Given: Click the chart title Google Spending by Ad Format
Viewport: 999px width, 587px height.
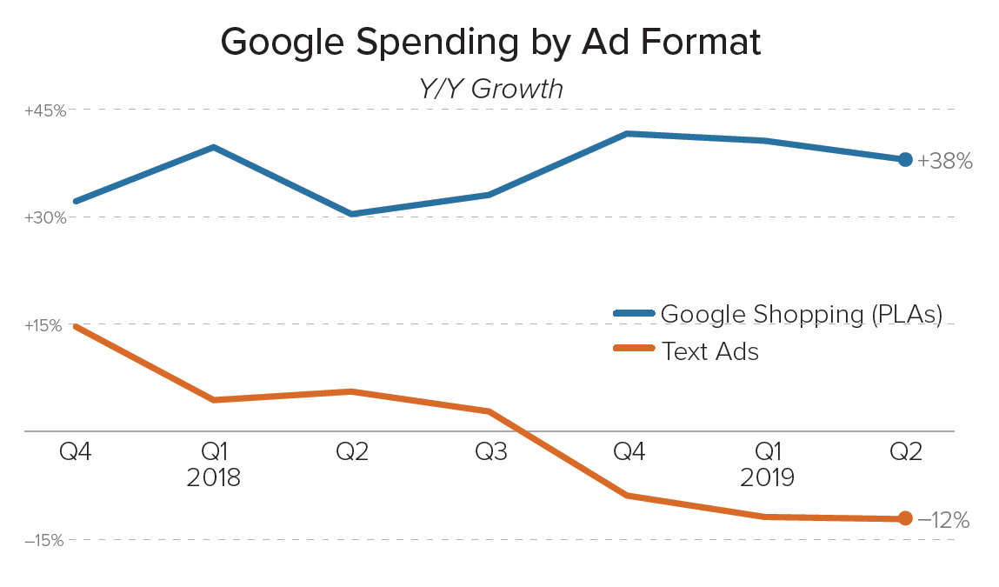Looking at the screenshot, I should [490, 41].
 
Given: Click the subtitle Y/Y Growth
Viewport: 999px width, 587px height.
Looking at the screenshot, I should [490, 89].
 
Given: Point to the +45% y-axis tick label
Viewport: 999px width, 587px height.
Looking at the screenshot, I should [44, 110].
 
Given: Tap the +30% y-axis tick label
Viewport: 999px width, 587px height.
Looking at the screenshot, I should [44, 217].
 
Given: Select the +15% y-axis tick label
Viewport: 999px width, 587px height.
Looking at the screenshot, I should [44, 325].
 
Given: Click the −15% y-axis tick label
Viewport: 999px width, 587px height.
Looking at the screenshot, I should [44, 540].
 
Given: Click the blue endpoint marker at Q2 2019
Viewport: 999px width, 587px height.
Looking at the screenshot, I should [905, 159].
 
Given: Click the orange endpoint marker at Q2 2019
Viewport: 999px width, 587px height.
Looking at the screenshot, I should [905, 518].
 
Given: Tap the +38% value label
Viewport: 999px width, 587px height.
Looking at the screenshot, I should [944, 161].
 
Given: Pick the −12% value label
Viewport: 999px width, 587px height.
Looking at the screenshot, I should [943, 520].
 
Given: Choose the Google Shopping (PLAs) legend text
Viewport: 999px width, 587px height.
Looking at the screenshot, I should [802, 314].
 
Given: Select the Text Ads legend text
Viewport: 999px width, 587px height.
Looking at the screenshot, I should [709, 351].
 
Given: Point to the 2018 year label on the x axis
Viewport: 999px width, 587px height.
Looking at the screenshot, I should [213, 477].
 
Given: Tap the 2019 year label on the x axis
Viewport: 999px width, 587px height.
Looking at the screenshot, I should [767, 477].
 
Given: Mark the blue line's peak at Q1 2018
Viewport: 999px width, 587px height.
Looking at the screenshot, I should [213, 148].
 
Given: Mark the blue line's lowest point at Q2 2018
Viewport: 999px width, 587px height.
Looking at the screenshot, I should [351, 213].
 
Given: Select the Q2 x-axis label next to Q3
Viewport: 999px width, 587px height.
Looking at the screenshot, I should [351, 452].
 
